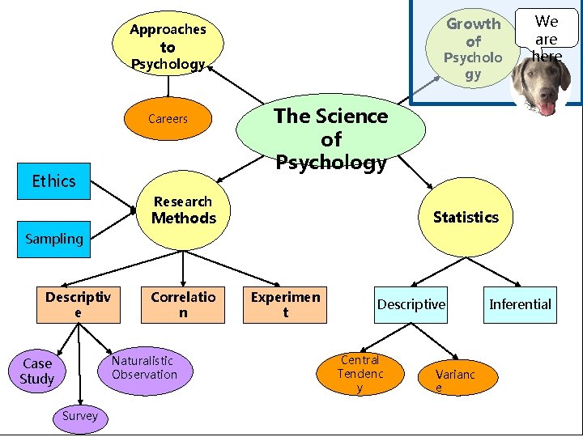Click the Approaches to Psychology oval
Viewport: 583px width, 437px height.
(168, 45)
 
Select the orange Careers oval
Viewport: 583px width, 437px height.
(168, 119)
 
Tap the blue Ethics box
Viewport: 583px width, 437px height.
(53, 181)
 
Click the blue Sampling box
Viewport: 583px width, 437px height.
(53, 239)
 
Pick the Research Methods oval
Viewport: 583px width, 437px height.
(184, 210)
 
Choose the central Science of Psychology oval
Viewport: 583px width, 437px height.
(330, 138)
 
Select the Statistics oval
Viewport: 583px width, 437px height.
(466, 217)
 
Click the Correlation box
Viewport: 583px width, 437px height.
(183, 304)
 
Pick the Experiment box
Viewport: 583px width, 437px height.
(285, 304)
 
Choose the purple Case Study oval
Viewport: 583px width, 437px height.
(37, 371)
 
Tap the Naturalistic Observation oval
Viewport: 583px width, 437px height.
(144, 368)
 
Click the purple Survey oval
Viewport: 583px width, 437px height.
(79, 416)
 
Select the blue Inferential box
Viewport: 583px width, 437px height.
(520, 304)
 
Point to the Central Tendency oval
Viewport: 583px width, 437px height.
(360, 373)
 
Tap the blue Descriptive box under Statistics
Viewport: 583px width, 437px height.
(411, 304)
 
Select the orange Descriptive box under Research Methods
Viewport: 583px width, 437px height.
(78, 304)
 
